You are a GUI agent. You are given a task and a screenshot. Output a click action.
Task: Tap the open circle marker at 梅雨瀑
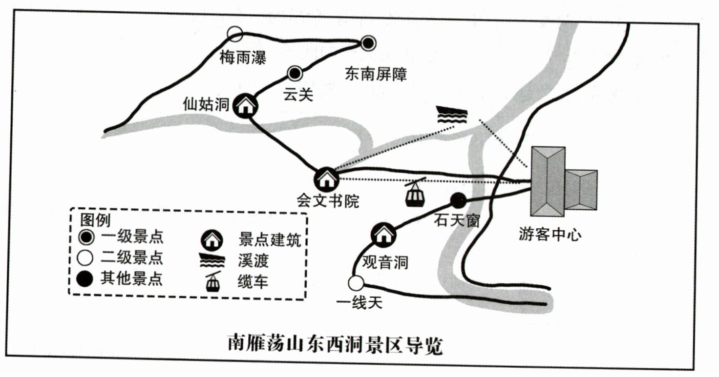235,34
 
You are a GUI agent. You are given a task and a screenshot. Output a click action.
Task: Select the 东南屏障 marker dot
368,43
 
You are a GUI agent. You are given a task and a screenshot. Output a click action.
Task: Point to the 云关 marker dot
295,74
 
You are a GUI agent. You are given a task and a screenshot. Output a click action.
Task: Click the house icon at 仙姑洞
245,105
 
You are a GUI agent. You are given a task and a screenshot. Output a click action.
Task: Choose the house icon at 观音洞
383,235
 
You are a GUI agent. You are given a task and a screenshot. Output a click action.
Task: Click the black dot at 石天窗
458,199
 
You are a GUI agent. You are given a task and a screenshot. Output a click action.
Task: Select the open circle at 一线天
356,283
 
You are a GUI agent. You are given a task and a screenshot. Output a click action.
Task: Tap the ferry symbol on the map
452,115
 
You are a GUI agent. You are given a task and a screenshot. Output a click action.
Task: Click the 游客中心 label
550,235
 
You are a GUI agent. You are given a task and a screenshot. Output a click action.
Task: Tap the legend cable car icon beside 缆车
213,281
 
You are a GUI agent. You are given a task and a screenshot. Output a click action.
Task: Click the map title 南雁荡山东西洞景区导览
335,345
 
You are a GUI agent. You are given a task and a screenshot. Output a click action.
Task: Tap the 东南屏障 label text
376,74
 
